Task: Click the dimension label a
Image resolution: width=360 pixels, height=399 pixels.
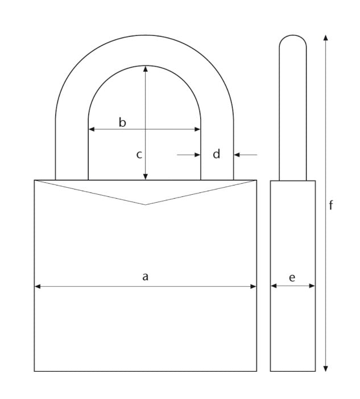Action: tap(145, 277)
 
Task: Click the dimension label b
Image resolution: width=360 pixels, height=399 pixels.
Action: tap(122, 122)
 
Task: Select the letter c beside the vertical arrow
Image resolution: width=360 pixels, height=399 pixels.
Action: tap(139, 154)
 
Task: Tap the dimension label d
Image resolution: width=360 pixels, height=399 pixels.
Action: tap(216, 154)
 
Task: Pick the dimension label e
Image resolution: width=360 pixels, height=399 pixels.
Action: tap(292, 277)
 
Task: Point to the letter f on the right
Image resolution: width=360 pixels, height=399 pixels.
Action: tap(331, 205)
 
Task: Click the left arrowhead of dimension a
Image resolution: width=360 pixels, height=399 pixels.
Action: tap(38, 286)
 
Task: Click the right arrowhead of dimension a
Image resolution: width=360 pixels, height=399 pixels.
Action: tap(253, 286)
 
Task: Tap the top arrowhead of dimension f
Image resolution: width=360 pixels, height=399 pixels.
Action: tap(325, 38)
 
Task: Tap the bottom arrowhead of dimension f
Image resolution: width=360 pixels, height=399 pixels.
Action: tap(325, 368)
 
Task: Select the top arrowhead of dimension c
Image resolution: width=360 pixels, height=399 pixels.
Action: tap(146, 69)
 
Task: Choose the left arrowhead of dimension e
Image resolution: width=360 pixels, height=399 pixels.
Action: tap(274, 286)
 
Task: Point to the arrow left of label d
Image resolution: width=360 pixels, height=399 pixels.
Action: tap(189, 154)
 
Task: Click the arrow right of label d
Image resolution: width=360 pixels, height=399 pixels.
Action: tap(246, 154)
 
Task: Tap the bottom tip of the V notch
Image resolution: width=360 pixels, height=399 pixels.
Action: tap(146, 204)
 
